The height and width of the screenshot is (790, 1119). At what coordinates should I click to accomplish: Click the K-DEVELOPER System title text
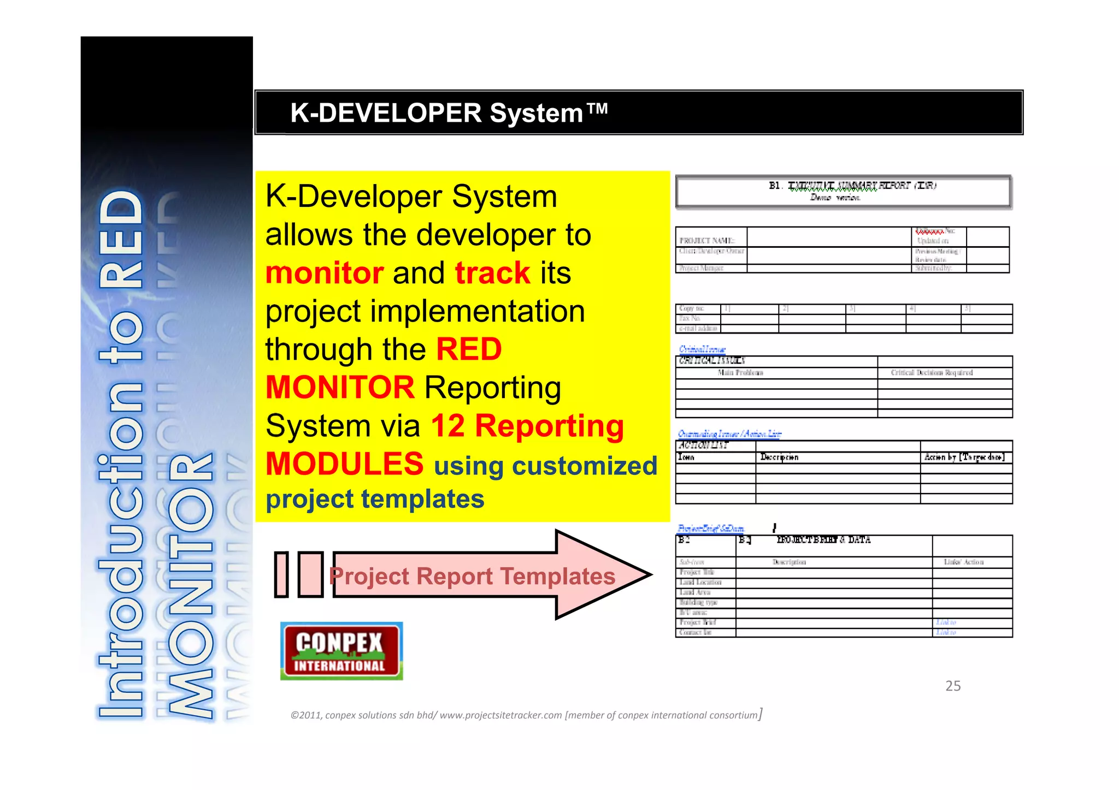point(448,113)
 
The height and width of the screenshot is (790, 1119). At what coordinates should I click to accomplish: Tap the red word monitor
point(324,273)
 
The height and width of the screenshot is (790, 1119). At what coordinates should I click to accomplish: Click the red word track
point(492,273)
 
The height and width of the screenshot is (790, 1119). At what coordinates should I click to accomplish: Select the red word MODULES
point(344,464)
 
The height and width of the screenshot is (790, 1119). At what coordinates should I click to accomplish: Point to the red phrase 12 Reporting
point(527,426)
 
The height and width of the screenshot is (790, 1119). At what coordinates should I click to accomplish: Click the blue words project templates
point(375,499)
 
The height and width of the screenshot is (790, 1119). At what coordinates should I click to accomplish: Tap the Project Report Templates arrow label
point(472,576)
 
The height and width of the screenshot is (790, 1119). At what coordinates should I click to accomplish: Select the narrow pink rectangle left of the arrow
point(281,574)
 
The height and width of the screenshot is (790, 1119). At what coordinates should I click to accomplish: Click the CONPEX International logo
point(341,651)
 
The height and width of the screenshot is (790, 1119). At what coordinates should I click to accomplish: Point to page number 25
point(953,686)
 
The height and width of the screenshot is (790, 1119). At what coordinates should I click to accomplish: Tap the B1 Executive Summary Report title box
point(843,191)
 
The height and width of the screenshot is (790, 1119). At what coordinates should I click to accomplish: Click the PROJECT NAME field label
point(707,240)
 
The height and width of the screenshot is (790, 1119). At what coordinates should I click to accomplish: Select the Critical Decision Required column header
point(932,372)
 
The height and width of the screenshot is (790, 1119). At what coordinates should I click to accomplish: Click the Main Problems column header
point(740,372)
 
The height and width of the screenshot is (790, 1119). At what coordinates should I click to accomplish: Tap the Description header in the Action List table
point(779,457)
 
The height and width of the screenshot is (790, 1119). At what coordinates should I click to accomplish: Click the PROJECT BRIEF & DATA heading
point(823,539)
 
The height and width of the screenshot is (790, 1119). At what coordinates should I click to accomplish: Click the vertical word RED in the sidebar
point(121,240)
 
